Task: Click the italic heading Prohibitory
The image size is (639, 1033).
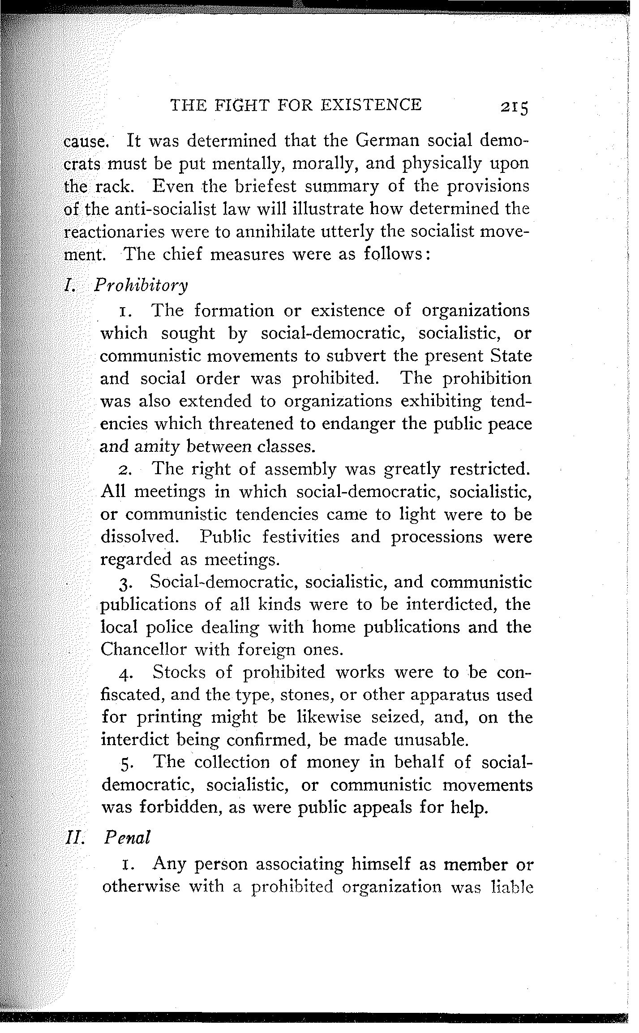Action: [141, 286]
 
